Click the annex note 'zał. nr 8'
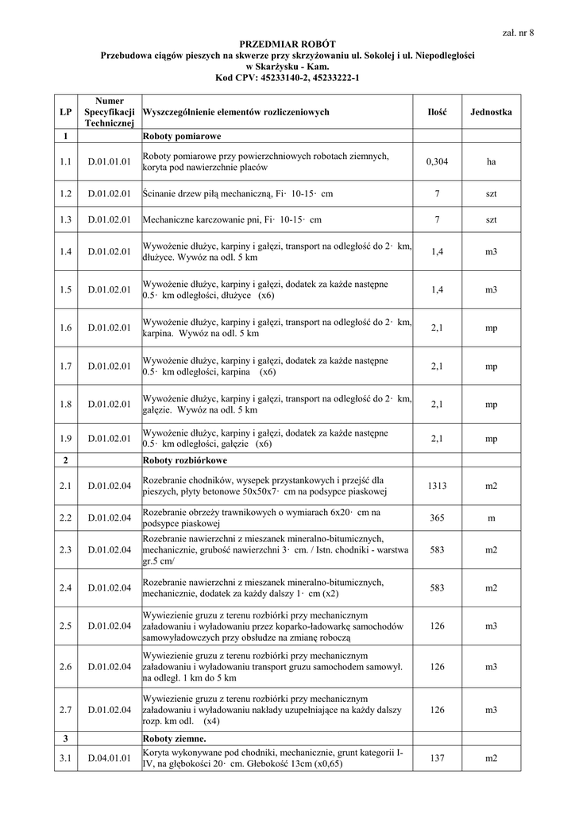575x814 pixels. point(519,33)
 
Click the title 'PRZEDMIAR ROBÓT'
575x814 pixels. point(287,43)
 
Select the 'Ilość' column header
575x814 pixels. point(437,112)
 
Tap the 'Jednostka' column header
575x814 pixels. point(491,112)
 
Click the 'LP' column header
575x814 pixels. point(65,112)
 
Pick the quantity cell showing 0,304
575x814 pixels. point(437,161)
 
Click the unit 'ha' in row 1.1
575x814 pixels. point(491,161)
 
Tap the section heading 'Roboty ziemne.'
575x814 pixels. point(174,738)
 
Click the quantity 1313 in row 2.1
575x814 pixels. point(437,485)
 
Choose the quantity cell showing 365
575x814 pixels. point(437,517)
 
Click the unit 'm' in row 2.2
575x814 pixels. point(491,517)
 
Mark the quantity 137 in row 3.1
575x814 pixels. point(437,758)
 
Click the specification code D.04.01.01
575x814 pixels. point(110,758)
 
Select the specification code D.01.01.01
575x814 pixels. point(110,161)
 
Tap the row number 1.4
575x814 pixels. point(65,252)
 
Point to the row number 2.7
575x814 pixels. point(65,710)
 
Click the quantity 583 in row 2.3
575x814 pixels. point(437,549)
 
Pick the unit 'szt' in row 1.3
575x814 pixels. point(491,219)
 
